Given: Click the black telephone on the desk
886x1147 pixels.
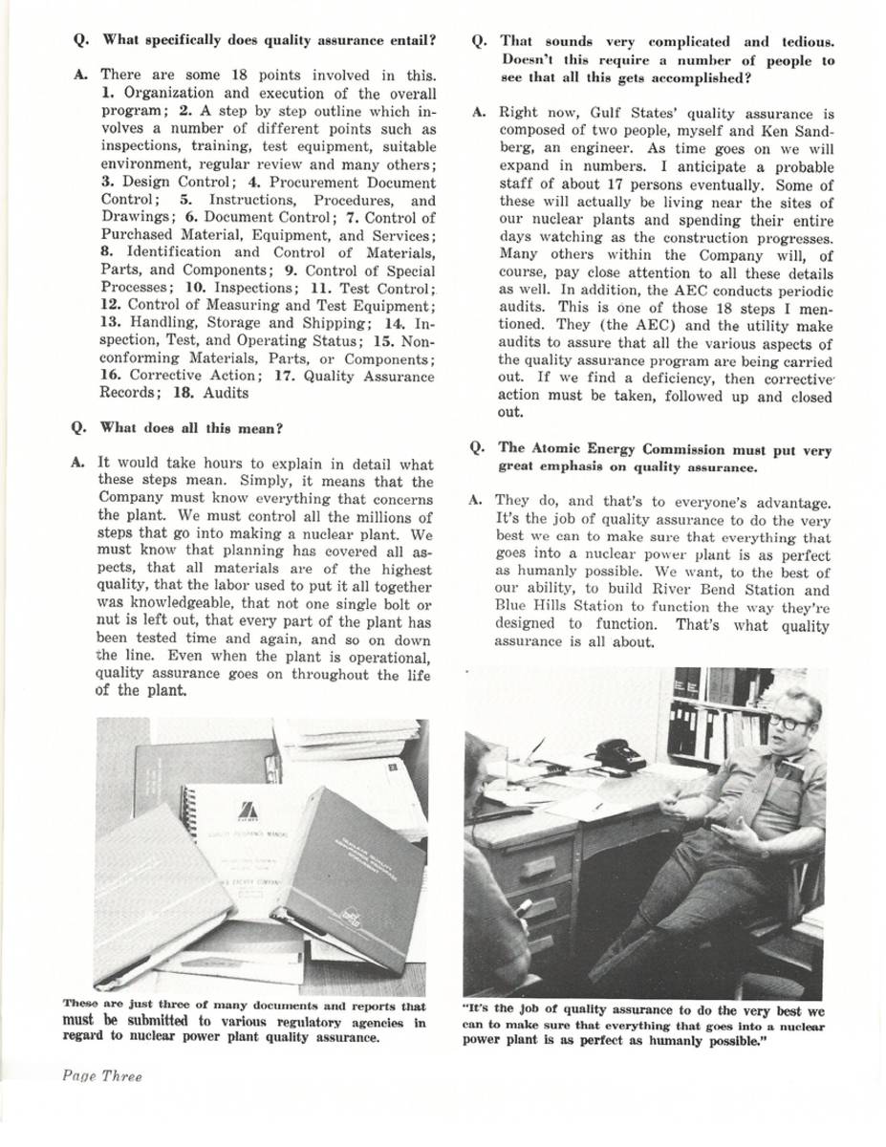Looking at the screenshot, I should pyautogui.click(x=620, y=754).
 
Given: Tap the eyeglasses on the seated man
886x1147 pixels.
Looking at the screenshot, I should pyautogui.click(x=791, y=722).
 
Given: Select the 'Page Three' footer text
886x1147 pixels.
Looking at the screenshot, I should pyautogui.click(x=102, y=1076).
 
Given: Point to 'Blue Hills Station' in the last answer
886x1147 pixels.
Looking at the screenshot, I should pyautogui.click(x=558, y=607).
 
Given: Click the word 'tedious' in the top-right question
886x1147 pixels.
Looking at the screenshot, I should pyautogui.click(x=808, y=42).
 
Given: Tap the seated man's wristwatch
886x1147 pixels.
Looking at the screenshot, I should pyautogui.click(x=765, y=854).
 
